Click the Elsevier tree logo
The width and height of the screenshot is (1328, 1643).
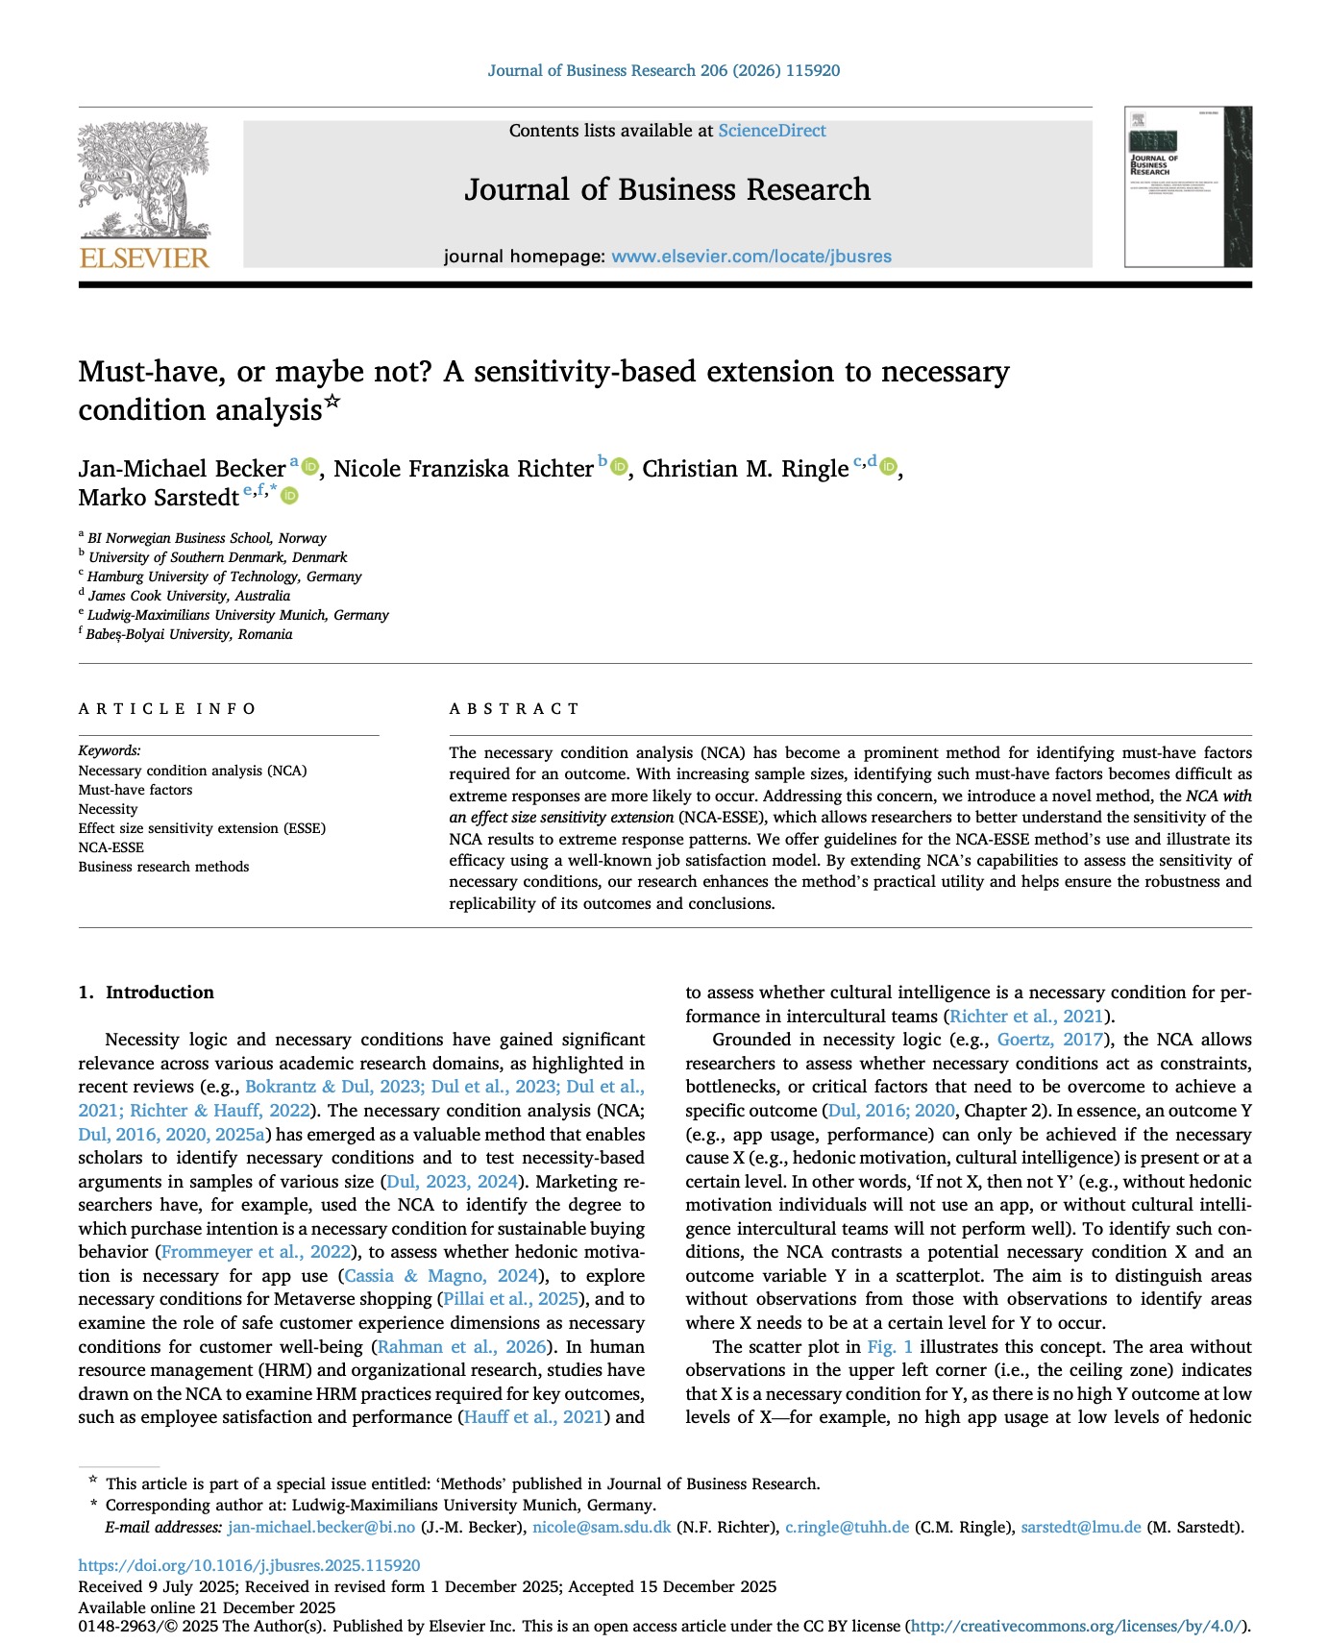point(144,182)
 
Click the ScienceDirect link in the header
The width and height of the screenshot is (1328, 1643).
point(772,131)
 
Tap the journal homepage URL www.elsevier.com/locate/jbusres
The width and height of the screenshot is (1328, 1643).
point(751,257)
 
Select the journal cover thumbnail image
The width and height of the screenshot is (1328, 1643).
point(1188,186)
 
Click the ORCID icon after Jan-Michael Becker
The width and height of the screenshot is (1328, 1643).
point(309,467)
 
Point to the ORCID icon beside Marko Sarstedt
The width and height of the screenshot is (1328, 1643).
point(289,496)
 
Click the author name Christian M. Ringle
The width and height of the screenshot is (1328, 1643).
point(745,469)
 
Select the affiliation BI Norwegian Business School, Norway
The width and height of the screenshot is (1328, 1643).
point(207,538)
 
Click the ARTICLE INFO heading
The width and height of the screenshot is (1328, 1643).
point(167,709)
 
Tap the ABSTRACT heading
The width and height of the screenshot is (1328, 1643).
point(514,709)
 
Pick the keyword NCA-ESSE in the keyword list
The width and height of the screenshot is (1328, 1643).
point(111,847)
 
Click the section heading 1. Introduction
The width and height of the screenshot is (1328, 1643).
point(146,993)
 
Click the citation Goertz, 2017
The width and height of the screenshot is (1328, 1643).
point(1050,1040)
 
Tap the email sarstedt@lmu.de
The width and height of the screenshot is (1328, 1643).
point(1081,1528)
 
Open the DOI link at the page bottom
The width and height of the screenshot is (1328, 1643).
point(249,1565)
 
